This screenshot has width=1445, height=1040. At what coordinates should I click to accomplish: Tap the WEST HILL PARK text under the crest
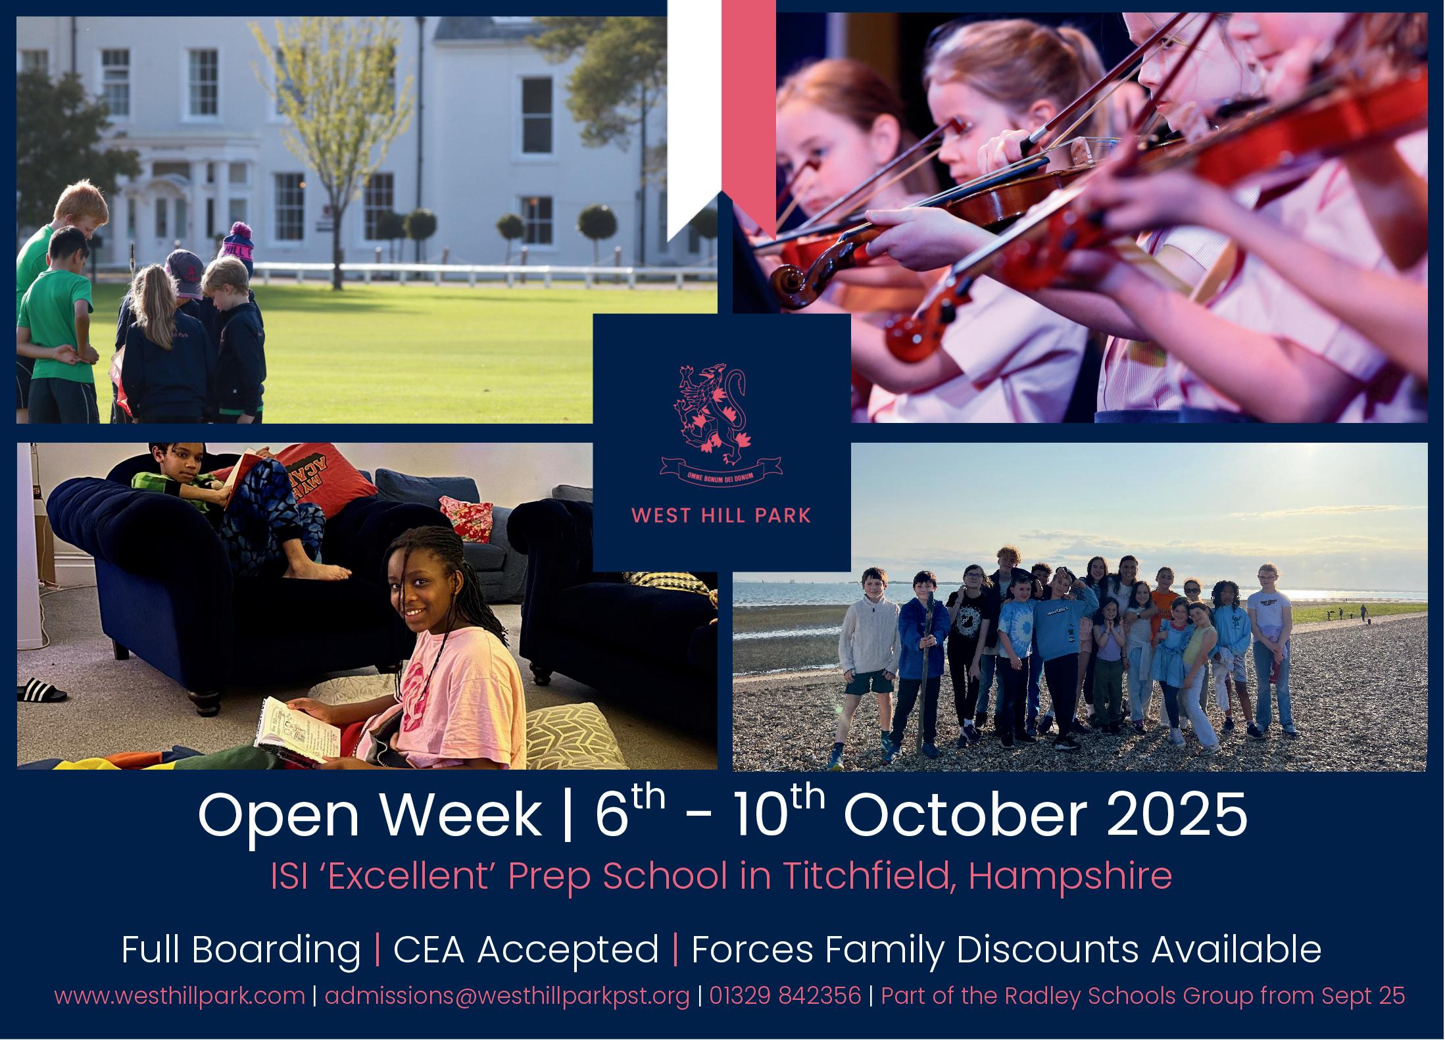[x=721, y=515]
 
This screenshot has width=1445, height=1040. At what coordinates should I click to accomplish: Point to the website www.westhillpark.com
[x=180, y=996]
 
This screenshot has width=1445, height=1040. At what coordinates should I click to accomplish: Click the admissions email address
[x=508, y=996]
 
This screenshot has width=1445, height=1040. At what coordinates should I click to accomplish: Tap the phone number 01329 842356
[x=785, y=995]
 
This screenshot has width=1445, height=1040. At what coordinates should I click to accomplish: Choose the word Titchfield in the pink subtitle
[x=859, y=877]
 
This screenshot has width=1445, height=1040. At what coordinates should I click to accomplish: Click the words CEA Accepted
[x=526, y=950]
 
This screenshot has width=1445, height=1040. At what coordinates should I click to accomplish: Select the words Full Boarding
[x=241, y=951]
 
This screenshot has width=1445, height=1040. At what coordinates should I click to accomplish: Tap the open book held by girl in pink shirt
[x=297, y=729]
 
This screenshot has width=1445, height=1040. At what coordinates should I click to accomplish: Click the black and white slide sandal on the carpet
[x=41, y=689]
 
